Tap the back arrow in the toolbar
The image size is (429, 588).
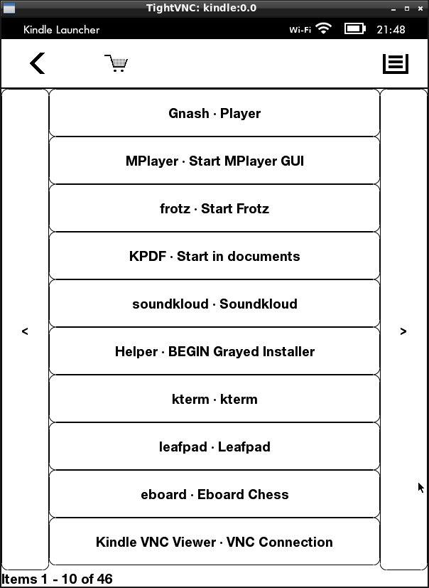(38, 63)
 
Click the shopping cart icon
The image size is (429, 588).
(116, 63)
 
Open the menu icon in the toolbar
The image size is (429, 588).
(396, 64)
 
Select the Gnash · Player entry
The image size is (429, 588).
(214, 113)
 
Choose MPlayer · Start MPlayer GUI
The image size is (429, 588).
(214, 161)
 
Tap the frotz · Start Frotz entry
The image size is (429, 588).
(214, 208)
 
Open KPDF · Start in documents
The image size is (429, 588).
(214, 256)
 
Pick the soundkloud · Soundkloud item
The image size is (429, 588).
(214, 304)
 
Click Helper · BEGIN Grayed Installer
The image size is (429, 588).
(214, 351)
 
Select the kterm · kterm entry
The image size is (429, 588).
(214, 399)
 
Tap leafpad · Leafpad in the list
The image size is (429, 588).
(214, 447)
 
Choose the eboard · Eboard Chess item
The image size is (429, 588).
(214, 494)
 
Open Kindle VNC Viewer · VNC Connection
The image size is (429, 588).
(214, 542)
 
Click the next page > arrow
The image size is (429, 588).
(403, 331)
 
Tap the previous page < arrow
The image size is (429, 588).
(25, 331)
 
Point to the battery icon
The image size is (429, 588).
(355, 29)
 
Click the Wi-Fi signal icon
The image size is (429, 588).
(324, 28)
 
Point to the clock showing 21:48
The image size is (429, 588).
(391, 29)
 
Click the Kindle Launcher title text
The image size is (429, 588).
(62, 30)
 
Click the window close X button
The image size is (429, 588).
(420, 9)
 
